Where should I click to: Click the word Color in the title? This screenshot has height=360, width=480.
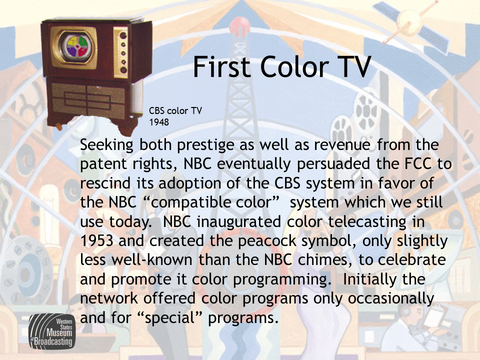point(294,66)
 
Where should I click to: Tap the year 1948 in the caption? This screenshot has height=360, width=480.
point(159,122)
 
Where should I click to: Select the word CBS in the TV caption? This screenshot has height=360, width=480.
point(156,110)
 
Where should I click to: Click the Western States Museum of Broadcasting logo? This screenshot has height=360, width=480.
point(52,331)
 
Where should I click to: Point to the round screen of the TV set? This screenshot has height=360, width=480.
point(77,46)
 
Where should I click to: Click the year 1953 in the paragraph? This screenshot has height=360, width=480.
point(96,240)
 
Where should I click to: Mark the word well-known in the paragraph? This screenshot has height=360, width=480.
point(152,260)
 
